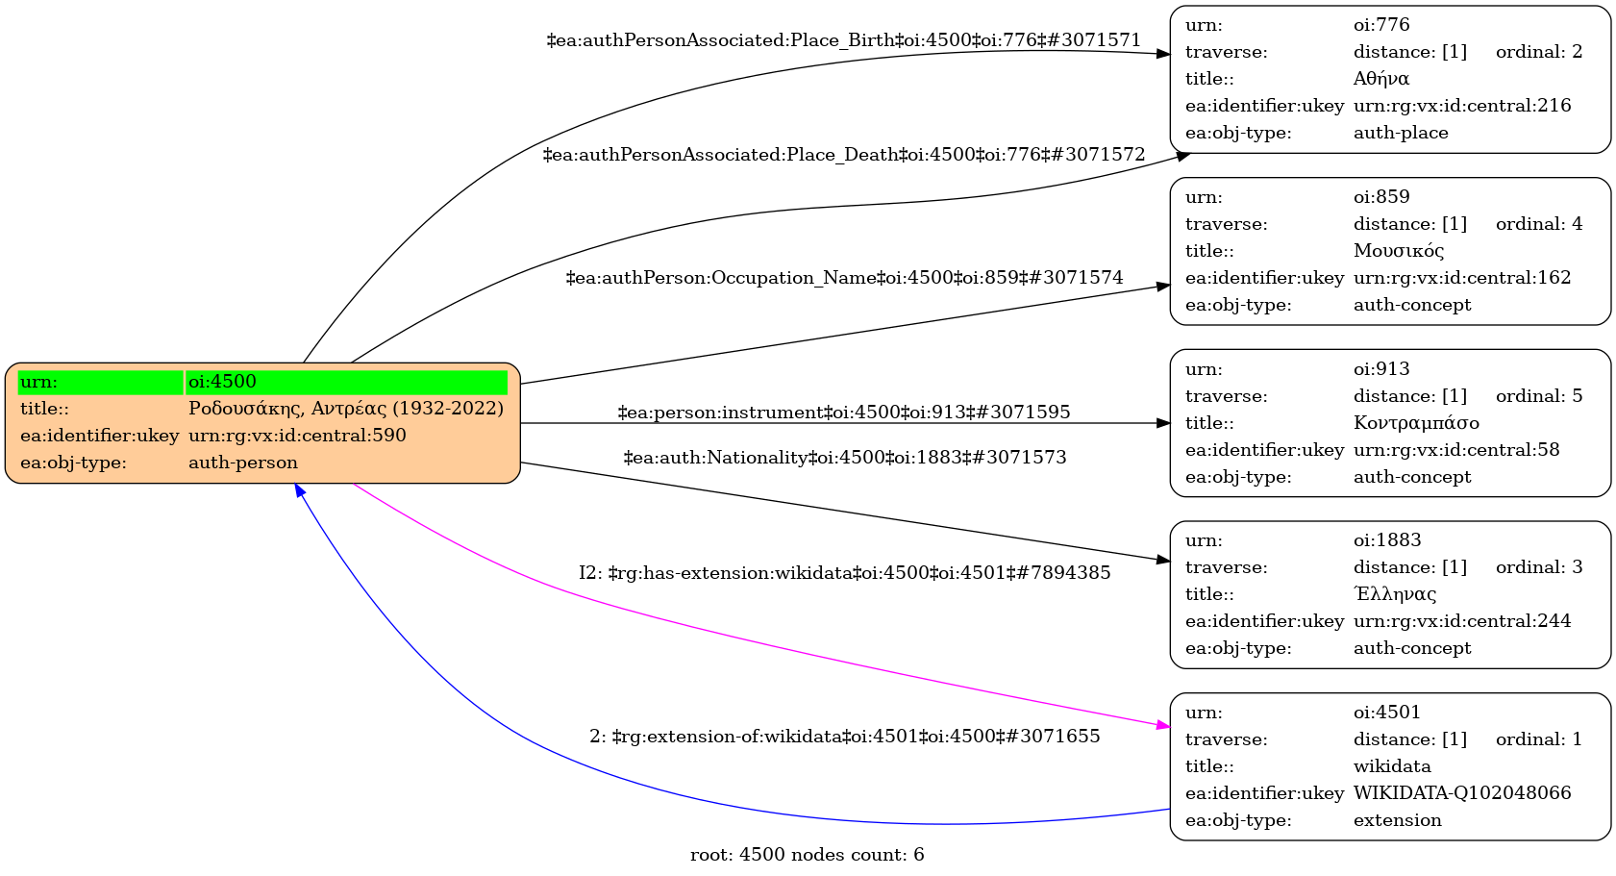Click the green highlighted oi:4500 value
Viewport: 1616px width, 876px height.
(x=346, y=382)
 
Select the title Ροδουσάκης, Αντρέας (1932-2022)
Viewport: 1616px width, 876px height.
(x=346, y=409)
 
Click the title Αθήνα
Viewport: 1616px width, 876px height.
(x=1381, y=79)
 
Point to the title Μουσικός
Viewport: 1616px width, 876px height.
(x=1399, y=251)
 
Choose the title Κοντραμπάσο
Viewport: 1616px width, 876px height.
(x=1416, y=423)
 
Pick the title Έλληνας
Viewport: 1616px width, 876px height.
(x=1395, y=594)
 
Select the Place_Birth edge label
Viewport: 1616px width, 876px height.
(x=843, y=40)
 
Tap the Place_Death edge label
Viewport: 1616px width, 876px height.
(x=843, y=155)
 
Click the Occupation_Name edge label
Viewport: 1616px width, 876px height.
(x=844, y=278)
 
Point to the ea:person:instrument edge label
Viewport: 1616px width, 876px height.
(x=843, y=413)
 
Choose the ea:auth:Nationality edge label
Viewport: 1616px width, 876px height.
(x=844, y=458)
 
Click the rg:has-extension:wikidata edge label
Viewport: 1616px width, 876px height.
(x=844, y=573)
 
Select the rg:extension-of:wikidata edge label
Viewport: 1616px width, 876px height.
(x=844, y=737)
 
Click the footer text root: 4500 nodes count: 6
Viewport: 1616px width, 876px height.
(x=807, y=855)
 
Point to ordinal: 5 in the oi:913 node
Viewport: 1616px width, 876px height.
(x=1538, y=396)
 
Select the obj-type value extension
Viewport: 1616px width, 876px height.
(x=1397, y=820)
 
